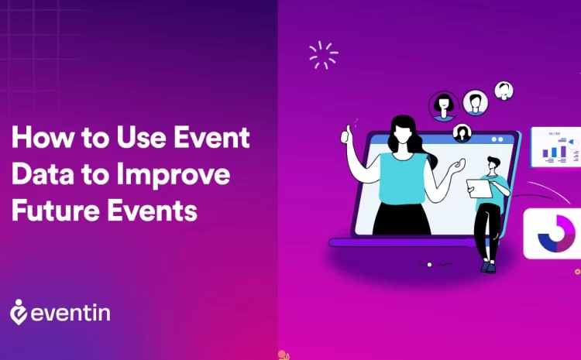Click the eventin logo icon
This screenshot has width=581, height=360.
(19, 311)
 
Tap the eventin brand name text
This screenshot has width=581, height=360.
(72, 313)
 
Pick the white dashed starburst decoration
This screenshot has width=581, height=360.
(323, 55)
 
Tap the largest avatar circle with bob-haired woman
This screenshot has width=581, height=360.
(444, 105)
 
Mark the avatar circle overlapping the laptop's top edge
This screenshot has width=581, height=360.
(462, 132)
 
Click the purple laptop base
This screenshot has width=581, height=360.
(403, 242)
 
